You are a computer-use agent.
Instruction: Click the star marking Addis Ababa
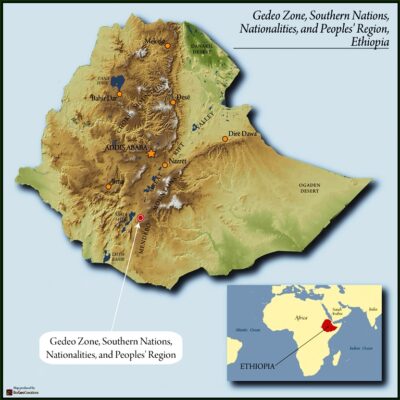pyautogui.click(x=151, y=153)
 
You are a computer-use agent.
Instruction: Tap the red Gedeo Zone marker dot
pyautogui.click(x=140, y=217)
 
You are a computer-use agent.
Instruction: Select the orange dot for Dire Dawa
pyautogui.click(x=225, y=139)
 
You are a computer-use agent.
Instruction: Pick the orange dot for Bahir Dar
pyautogui.click(x=119, y=94)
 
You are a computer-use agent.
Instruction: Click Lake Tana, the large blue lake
pyautogui.click(x=118, y=80)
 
